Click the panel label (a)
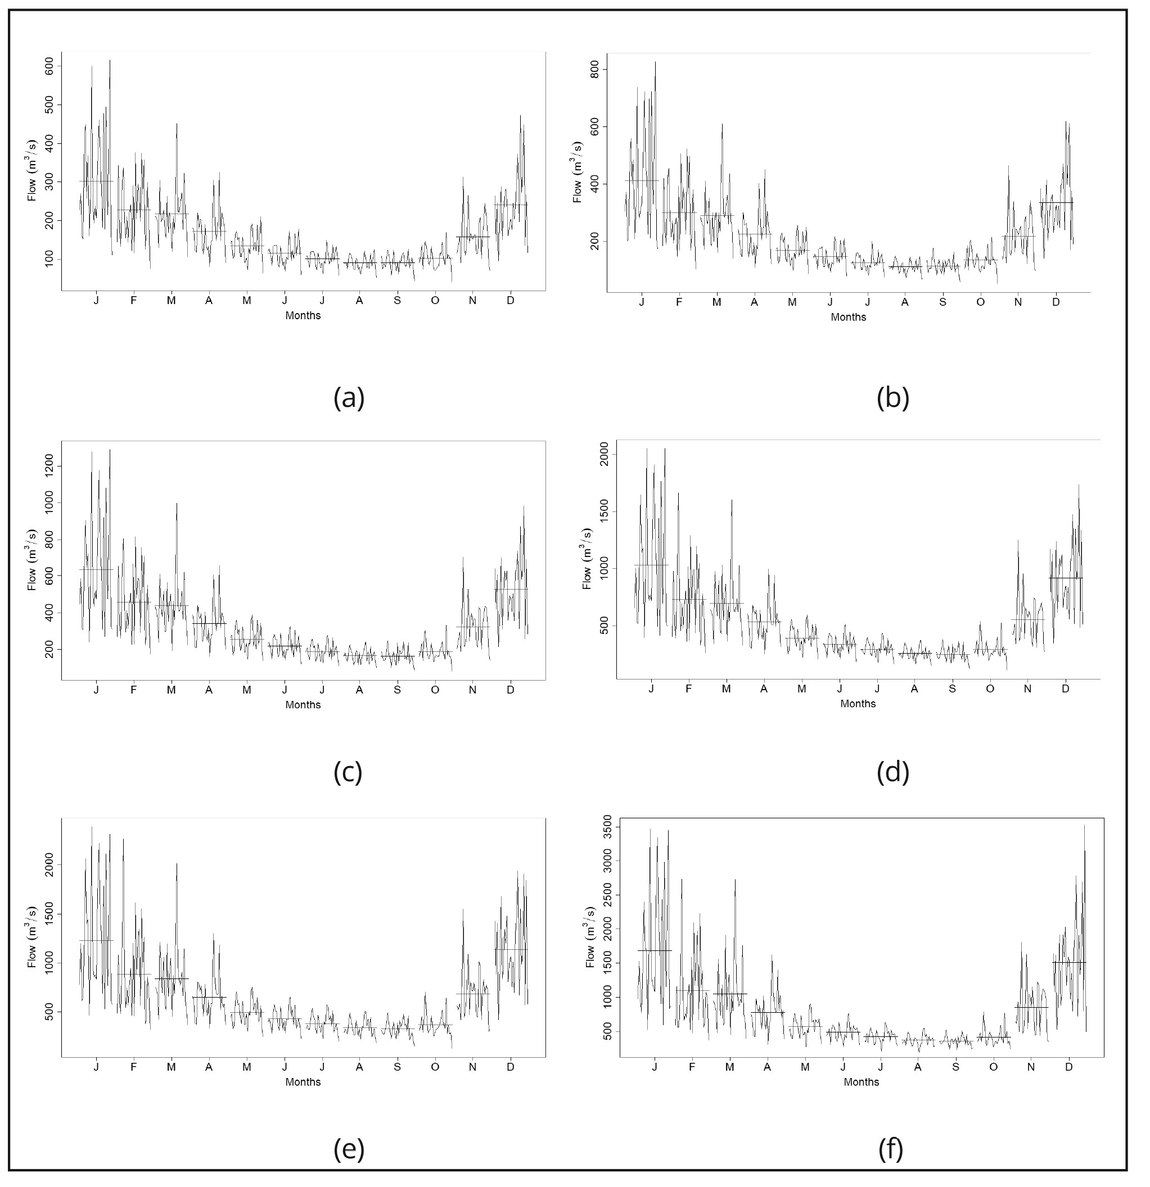tap(349, 398)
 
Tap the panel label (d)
tap(892, 772)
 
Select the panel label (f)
tap(891, 1149)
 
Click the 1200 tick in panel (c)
tap(48, 466)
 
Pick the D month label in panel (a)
tap(510, 301)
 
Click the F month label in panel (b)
tap(679, 302)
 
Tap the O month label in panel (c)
tap(435, 690)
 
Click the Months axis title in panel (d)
tap(858, 704)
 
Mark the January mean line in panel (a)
tap(96, 181)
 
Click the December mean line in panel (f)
tap(1069, 962)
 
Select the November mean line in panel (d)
tap(1028, 619)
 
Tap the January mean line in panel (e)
tap(96, 940)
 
